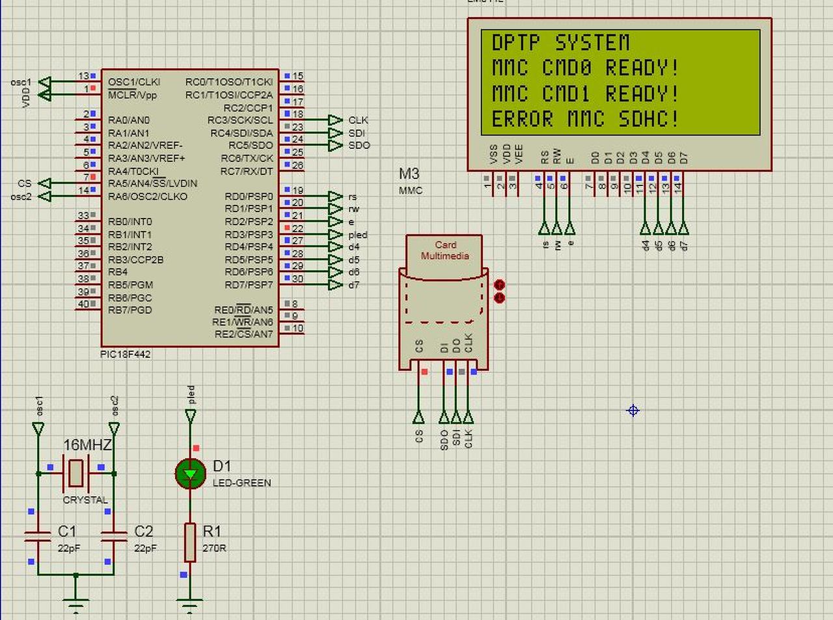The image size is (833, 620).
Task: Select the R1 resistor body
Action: click(189, 542)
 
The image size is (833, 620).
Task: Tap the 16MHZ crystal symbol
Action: click(76, 473)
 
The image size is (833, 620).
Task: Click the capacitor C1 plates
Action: click(38, 535)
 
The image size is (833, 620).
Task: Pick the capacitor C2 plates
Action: click(114, 535)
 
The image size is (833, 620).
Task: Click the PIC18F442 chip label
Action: click(126, 355)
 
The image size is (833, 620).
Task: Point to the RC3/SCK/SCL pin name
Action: click(240, 120)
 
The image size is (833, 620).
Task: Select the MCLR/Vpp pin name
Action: click(132, 95)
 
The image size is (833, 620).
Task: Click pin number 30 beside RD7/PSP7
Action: click(297, 278)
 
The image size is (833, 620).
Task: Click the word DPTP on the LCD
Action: click(516, 43)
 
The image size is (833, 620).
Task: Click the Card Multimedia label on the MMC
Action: click(444, 250)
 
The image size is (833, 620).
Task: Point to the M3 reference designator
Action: click(409, 174)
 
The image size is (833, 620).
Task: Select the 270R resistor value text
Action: click(214, 548)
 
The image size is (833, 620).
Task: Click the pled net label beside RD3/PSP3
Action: click(357, 235)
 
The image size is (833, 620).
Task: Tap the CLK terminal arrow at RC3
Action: click(335, 120)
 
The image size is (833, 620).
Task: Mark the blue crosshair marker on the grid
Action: click(633, 411)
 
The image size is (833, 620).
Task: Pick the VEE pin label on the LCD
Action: click(519, 154)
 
